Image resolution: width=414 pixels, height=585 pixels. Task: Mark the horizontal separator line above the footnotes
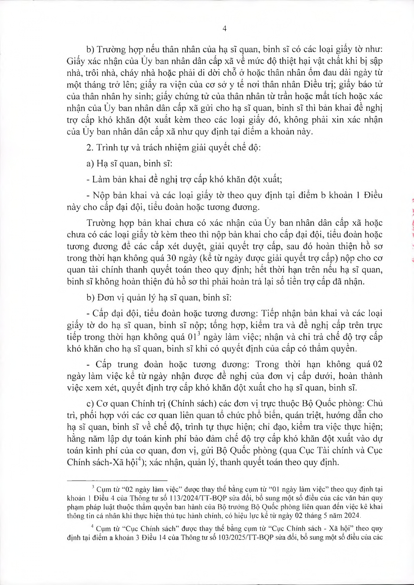click(118, 480)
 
